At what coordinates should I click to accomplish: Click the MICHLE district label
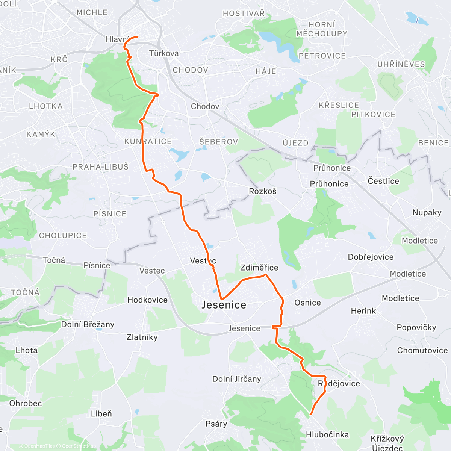pyautogui.click(x=92, y=12)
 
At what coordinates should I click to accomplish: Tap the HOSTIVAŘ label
pyautogui.click(x=244, y=14)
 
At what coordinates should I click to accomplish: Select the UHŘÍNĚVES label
pyautogui.click(x=401, y=64)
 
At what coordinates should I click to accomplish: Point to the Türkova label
pyautogui.click(x=164, y=53)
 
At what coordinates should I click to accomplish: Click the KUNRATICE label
pyautogui.click(x=148, y=142)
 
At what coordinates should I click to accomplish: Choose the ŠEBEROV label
pyautogui.click(x=219, y=142)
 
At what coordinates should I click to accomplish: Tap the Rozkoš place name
pyautogui.click(x=263, y=191)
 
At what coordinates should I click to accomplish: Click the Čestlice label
pyautogui.click(x=383, y=181)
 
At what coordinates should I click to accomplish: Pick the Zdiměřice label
pyautogui.click(x=259, y=268)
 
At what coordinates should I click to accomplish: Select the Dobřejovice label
pyautogui.click(x=371, y=257)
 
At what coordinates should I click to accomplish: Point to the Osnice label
pyautogui.click(x=307, y=303)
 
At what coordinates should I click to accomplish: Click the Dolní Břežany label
pyautogui.click(x=88, y=325)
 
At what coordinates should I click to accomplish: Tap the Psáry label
pyautogui.click(x=216, y=424)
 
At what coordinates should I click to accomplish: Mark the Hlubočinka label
pyautogui.click(x=327, y=435)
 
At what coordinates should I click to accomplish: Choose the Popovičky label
pyautogui.click(x=416, y=328)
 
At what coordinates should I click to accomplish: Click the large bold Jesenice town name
pyautogui.click(x=224, y=305)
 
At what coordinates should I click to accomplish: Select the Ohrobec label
pyautogui.click(x=26, y=403)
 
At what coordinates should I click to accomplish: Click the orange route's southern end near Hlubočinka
pyautogui.click(x=310, y=414)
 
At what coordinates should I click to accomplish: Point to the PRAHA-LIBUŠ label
pyautogui.click(x=100, y=166)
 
